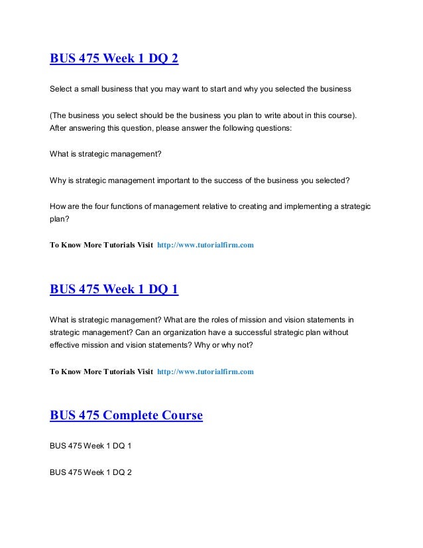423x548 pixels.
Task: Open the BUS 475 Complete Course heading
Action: (126, 416)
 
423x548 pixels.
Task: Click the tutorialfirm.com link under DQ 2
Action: (206, 245)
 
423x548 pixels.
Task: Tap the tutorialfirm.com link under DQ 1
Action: (206, 372)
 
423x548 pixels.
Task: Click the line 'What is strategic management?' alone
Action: (105, 153)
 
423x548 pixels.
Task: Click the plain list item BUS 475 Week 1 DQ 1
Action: (91, 446)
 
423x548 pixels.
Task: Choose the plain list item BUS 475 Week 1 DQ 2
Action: (91, 472)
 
